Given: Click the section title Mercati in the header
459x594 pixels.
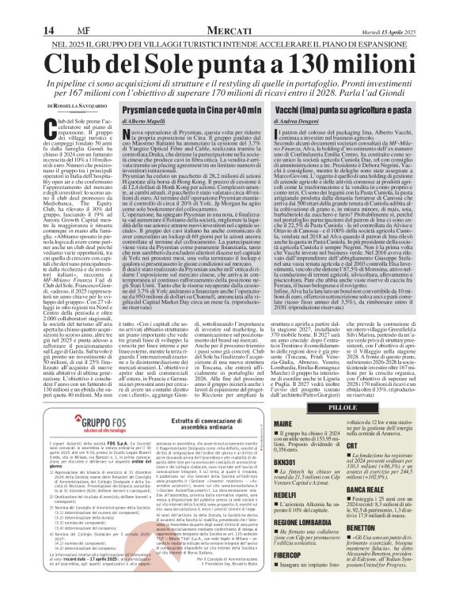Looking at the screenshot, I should (229, 9).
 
